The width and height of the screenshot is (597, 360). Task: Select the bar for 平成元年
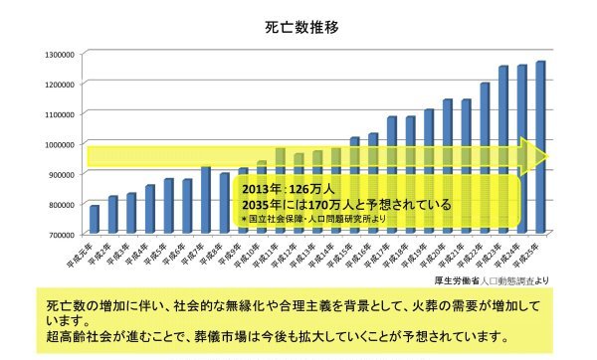tap(95, 220)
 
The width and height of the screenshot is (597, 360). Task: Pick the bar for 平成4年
tap(150, 209)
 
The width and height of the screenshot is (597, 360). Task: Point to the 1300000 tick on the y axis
tap(61, 54)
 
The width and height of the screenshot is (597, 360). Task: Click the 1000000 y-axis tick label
tap(61, 144)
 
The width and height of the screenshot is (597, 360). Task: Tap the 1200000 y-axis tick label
tap(61, 84)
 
